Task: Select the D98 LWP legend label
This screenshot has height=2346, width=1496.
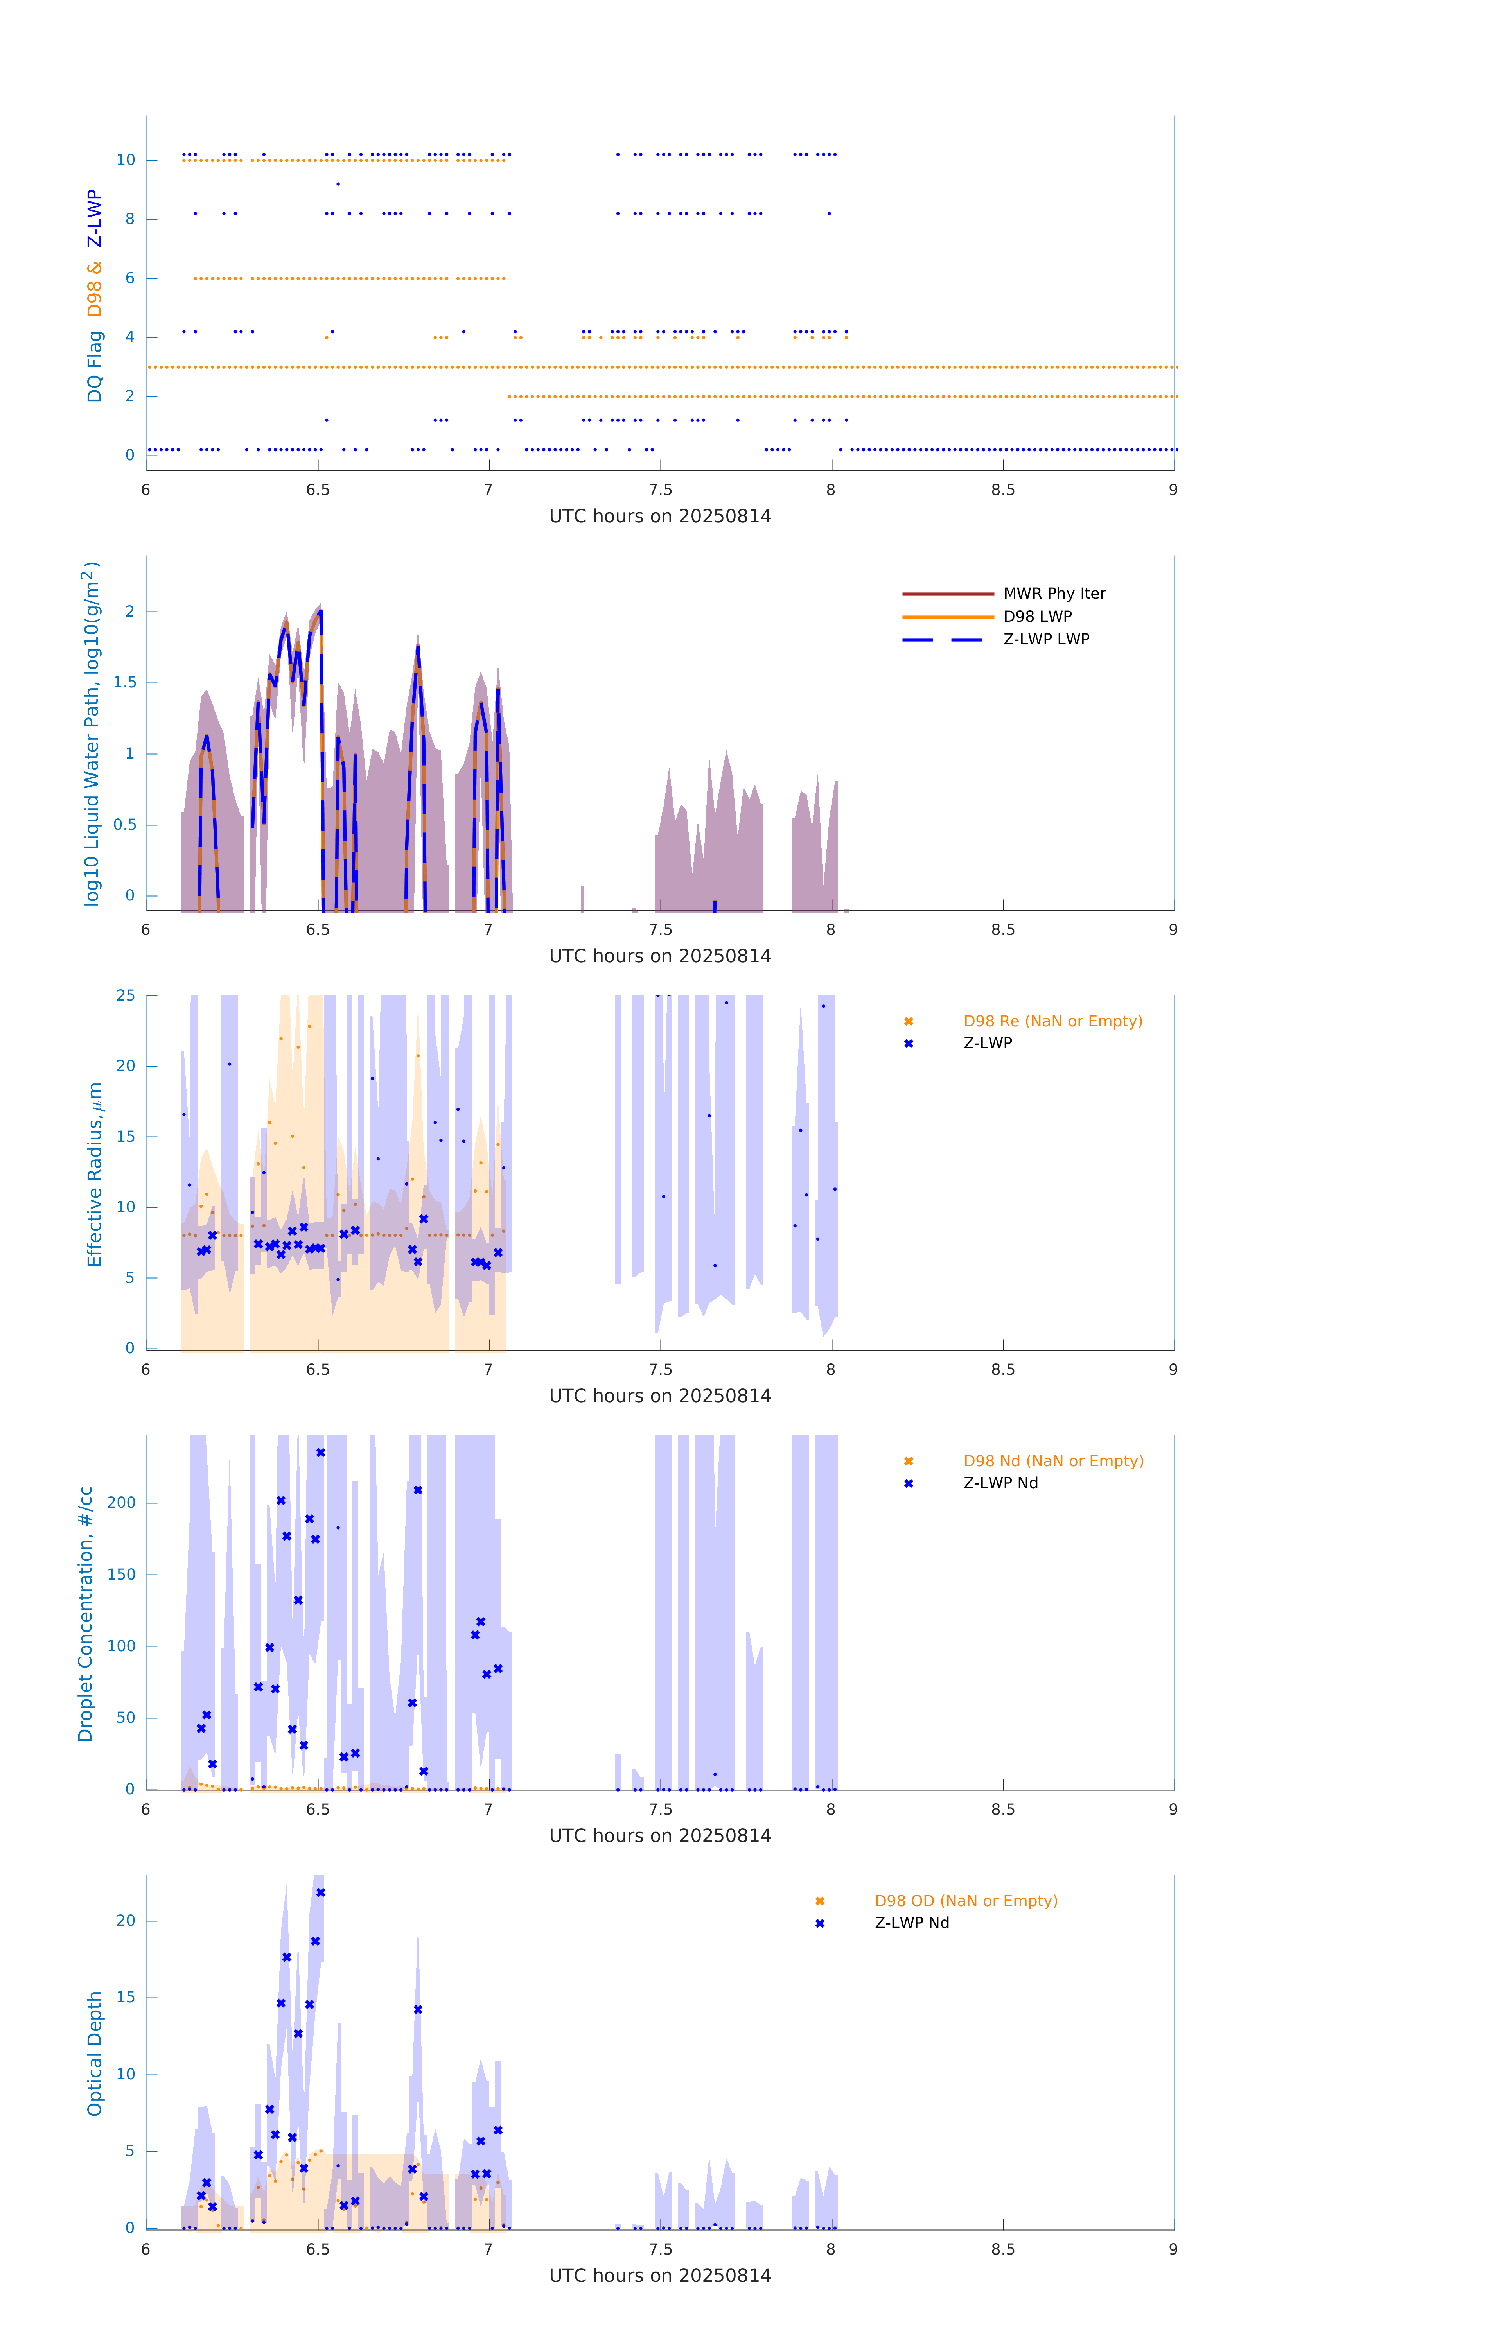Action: point(1037,617)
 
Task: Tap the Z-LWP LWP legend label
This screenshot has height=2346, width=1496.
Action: point(1046,639)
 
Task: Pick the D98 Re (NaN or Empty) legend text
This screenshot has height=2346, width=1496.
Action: point(1052,1021)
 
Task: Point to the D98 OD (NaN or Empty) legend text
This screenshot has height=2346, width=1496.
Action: point(965,1901)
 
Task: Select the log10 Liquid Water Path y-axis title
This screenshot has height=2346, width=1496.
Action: point(92,734)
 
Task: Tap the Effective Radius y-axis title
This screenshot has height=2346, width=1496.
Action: point(95,1174)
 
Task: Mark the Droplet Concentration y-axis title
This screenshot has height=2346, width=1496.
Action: point(86,1613)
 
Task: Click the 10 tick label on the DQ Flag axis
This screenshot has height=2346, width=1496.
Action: point(126,160)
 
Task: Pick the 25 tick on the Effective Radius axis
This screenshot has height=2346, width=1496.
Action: point(126,996)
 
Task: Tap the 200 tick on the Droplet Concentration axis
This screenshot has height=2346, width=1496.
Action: point(122,1502)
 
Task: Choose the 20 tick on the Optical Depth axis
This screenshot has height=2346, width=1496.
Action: point(126,1920)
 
